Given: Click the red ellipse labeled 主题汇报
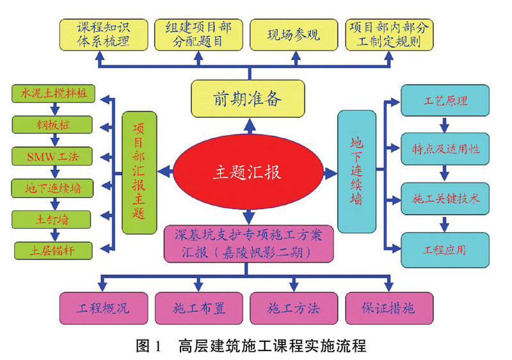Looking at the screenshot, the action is [x=248, y=172].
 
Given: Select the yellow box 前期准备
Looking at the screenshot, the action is [x=248, y=99].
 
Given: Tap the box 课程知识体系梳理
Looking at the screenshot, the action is [x=104, y=35].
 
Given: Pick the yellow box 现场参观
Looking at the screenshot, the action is [x=294, y=35].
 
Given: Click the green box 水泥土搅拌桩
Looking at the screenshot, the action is [x=54, y=94].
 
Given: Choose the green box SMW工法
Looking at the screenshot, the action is [x=52, y=156].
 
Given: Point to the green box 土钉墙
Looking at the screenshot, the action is [x=51, y=220].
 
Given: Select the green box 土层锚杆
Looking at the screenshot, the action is [x=53, y=251].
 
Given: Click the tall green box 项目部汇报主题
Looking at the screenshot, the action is [x=140, y=173].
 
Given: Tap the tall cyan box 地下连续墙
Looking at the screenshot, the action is [x=356, y=172].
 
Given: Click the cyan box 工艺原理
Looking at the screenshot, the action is [x=445, y=101].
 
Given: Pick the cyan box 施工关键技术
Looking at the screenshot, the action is [x=445, y=199].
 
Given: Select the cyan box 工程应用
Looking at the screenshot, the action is [x=445, y=250].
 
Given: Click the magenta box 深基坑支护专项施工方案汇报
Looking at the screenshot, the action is [x=249, y=243].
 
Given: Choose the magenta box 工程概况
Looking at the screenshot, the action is [x=104, y=308].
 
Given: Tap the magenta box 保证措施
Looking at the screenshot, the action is [x=389, y=308].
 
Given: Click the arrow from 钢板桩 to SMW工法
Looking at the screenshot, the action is [x=55, y=140].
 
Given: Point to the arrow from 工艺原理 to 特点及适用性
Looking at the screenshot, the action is [x=444, y=124].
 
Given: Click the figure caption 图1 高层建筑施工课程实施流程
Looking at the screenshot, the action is [x=251, y=346].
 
